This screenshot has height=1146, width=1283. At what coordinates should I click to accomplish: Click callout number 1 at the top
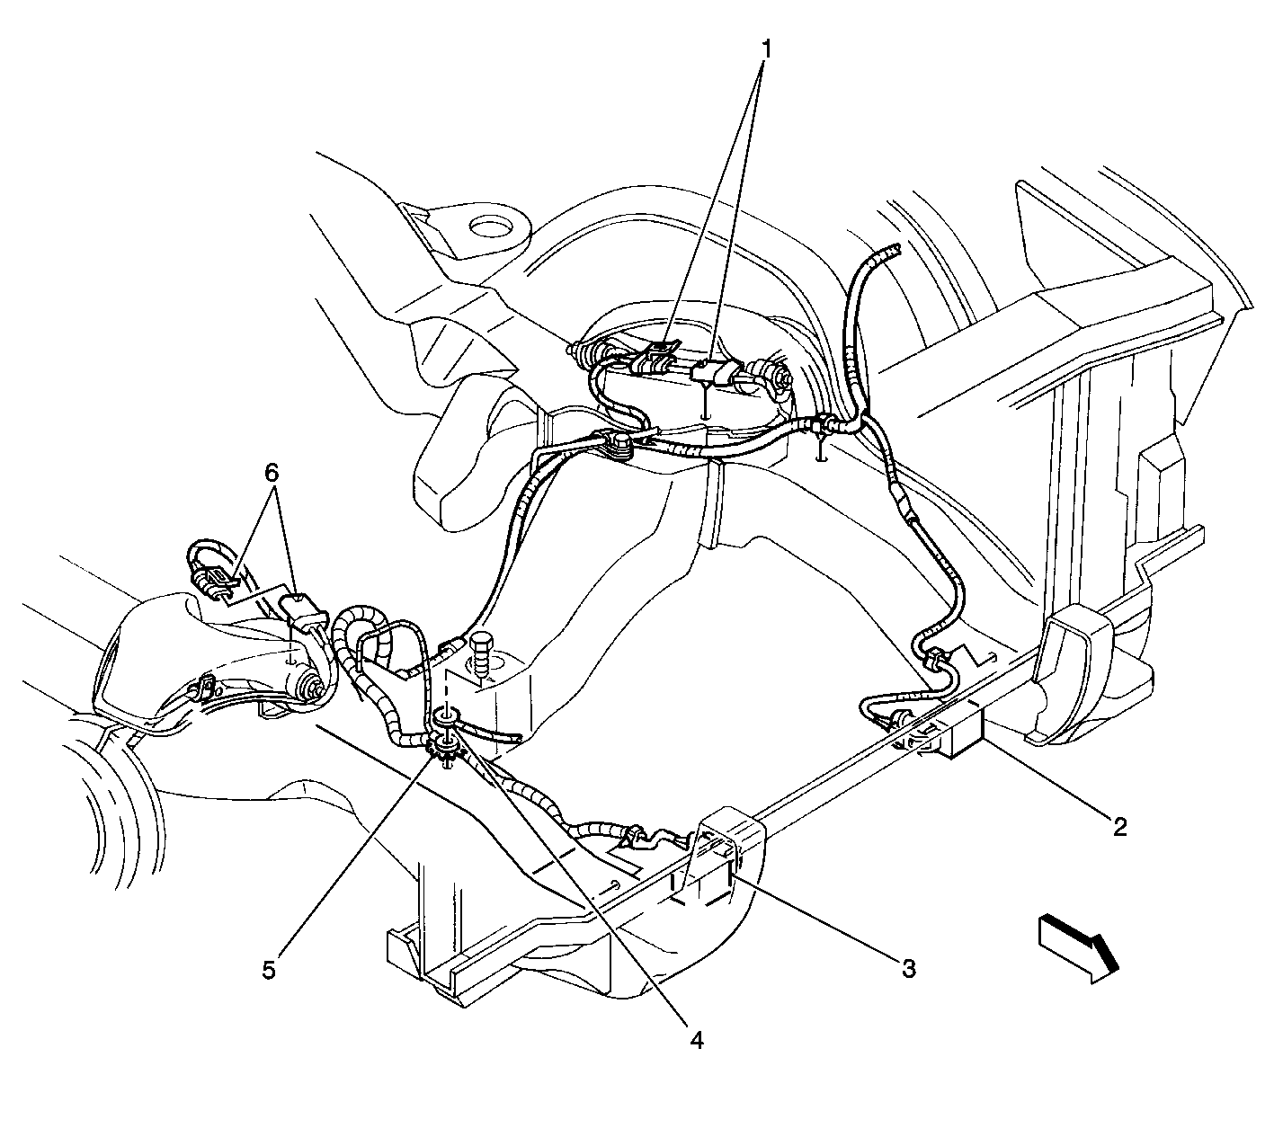[x=766, y=49]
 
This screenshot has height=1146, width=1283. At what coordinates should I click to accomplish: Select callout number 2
[x=1119, y=827]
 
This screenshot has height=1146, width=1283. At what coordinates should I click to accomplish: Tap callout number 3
[x=909, y=968]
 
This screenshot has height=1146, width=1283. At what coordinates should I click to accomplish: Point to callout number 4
[x=697, y=1039]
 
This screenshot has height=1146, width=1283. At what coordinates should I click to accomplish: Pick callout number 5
[x=269, y=969]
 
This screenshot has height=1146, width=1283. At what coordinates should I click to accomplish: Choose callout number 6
[x=272, y=472]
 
